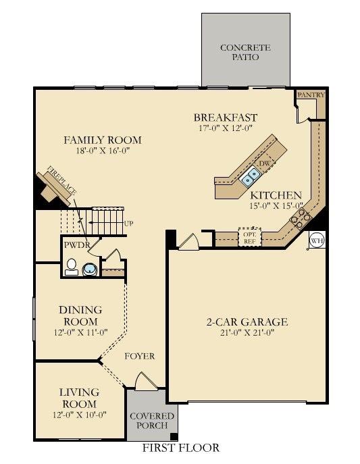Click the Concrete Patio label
pyautogui.click(x=245, y=53)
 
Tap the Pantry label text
pyautogui.click(x=311, y=95)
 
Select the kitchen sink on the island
pyautogui.click(x=251, y=177)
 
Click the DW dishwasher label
pyautogui.click(x=265, y=164)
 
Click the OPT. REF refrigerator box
pyautogui.click(x=249, y=238)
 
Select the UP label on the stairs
pyautogui.click(x=128, y=224)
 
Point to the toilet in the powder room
pyautogui.click(x=71, y=269)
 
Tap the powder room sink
pyautogui.click(x=90, y=270)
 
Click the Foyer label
pyautogui.click(x=140, y=356)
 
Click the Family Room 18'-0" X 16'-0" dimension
pyautogui.click(x=102, y=151)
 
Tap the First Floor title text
pyautogui.click(x=180, y=448)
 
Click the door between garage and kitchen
pyautogui.click(x=189, y=241)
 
